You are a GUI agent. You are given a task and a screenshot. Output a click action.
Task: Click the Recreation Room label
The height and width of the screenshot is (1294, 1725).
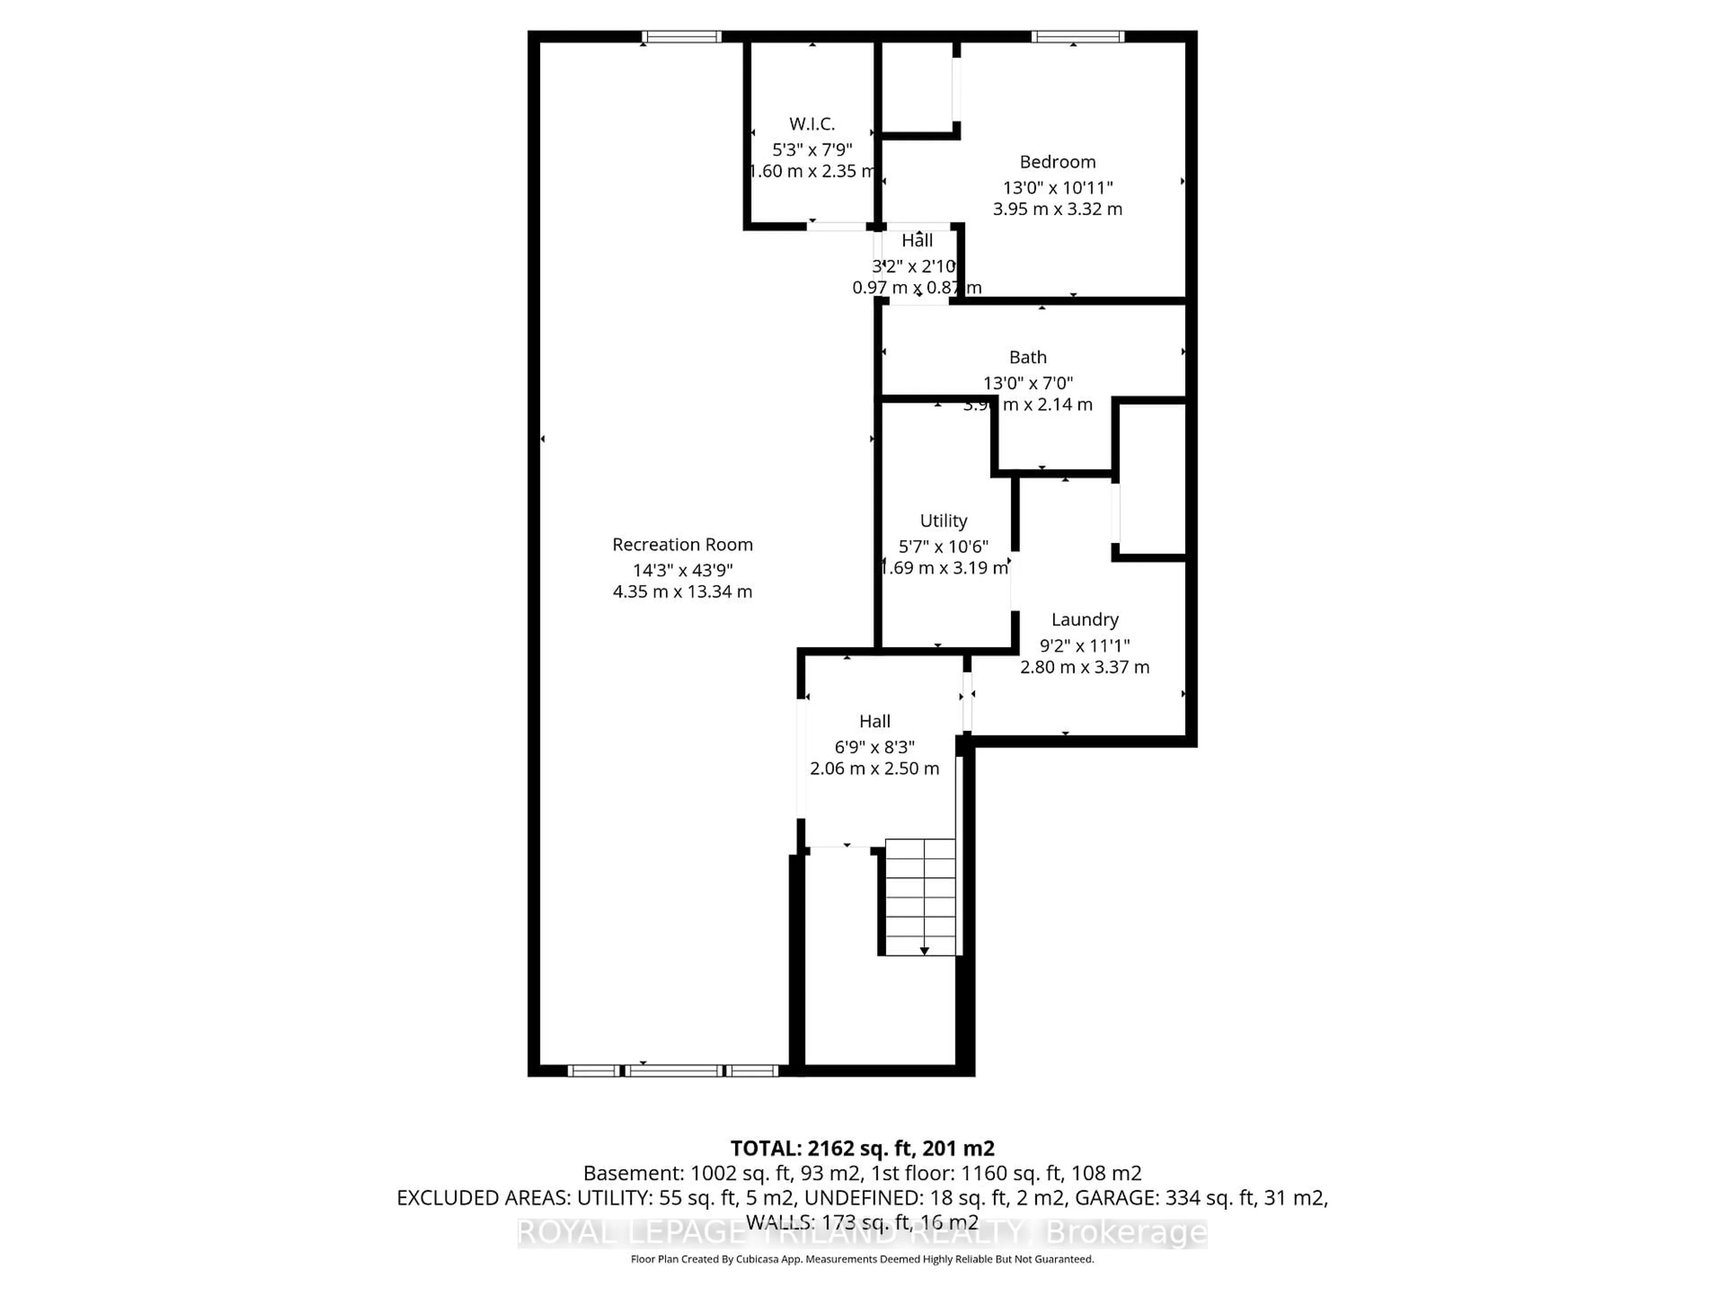pyautogui.click(x=682, y=545)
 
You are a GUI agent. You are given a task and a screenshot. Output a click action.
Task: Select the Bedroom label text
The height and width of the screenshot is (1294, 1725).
pyautogui.click(x=1057, y=162)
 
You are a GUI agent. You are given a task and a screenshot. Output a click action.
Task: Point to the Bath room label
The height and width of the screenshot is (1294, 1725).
pyautogui.click(x=1028, y=357)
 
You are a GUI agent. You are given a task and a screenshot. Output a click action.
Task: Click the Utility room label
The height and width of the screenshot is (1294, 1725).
pyautogui.click(x=944, y=521)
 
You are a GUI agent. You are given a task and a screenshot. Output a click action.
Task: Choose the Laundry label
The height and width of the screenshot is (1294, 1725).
pyautogui.click(x=1085, y=619)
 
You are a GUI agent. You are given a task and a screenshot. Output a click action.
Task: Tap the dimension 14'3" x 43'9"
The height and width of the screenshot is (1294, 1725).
pyautogui.click(x=682, y=570)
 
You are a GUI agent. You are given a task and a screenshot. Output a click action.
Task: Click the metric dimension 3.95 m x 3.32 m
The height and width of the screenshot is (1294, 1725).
pyautogui.click(x=1057, y=209)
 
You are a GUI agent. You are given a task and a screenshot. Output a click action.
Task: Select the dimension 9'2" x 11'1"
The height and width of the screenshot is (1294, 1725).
pyautogui.click(x=1085, y=646)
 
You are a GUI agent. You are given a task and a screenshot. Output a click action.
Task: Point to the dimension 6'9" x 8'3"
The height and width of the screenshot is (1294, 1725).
pyautogui.click(x=874, y=747)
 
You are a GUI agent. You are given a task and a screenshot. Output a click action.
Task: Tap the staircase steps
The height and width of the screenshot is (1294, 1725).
pyautogui.click(x=920, y=897)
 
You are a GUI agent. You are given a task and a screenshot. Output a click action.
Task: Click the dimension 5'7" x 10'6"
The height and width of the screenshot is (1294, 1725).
pyautogui.click(x=944, y=547)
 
